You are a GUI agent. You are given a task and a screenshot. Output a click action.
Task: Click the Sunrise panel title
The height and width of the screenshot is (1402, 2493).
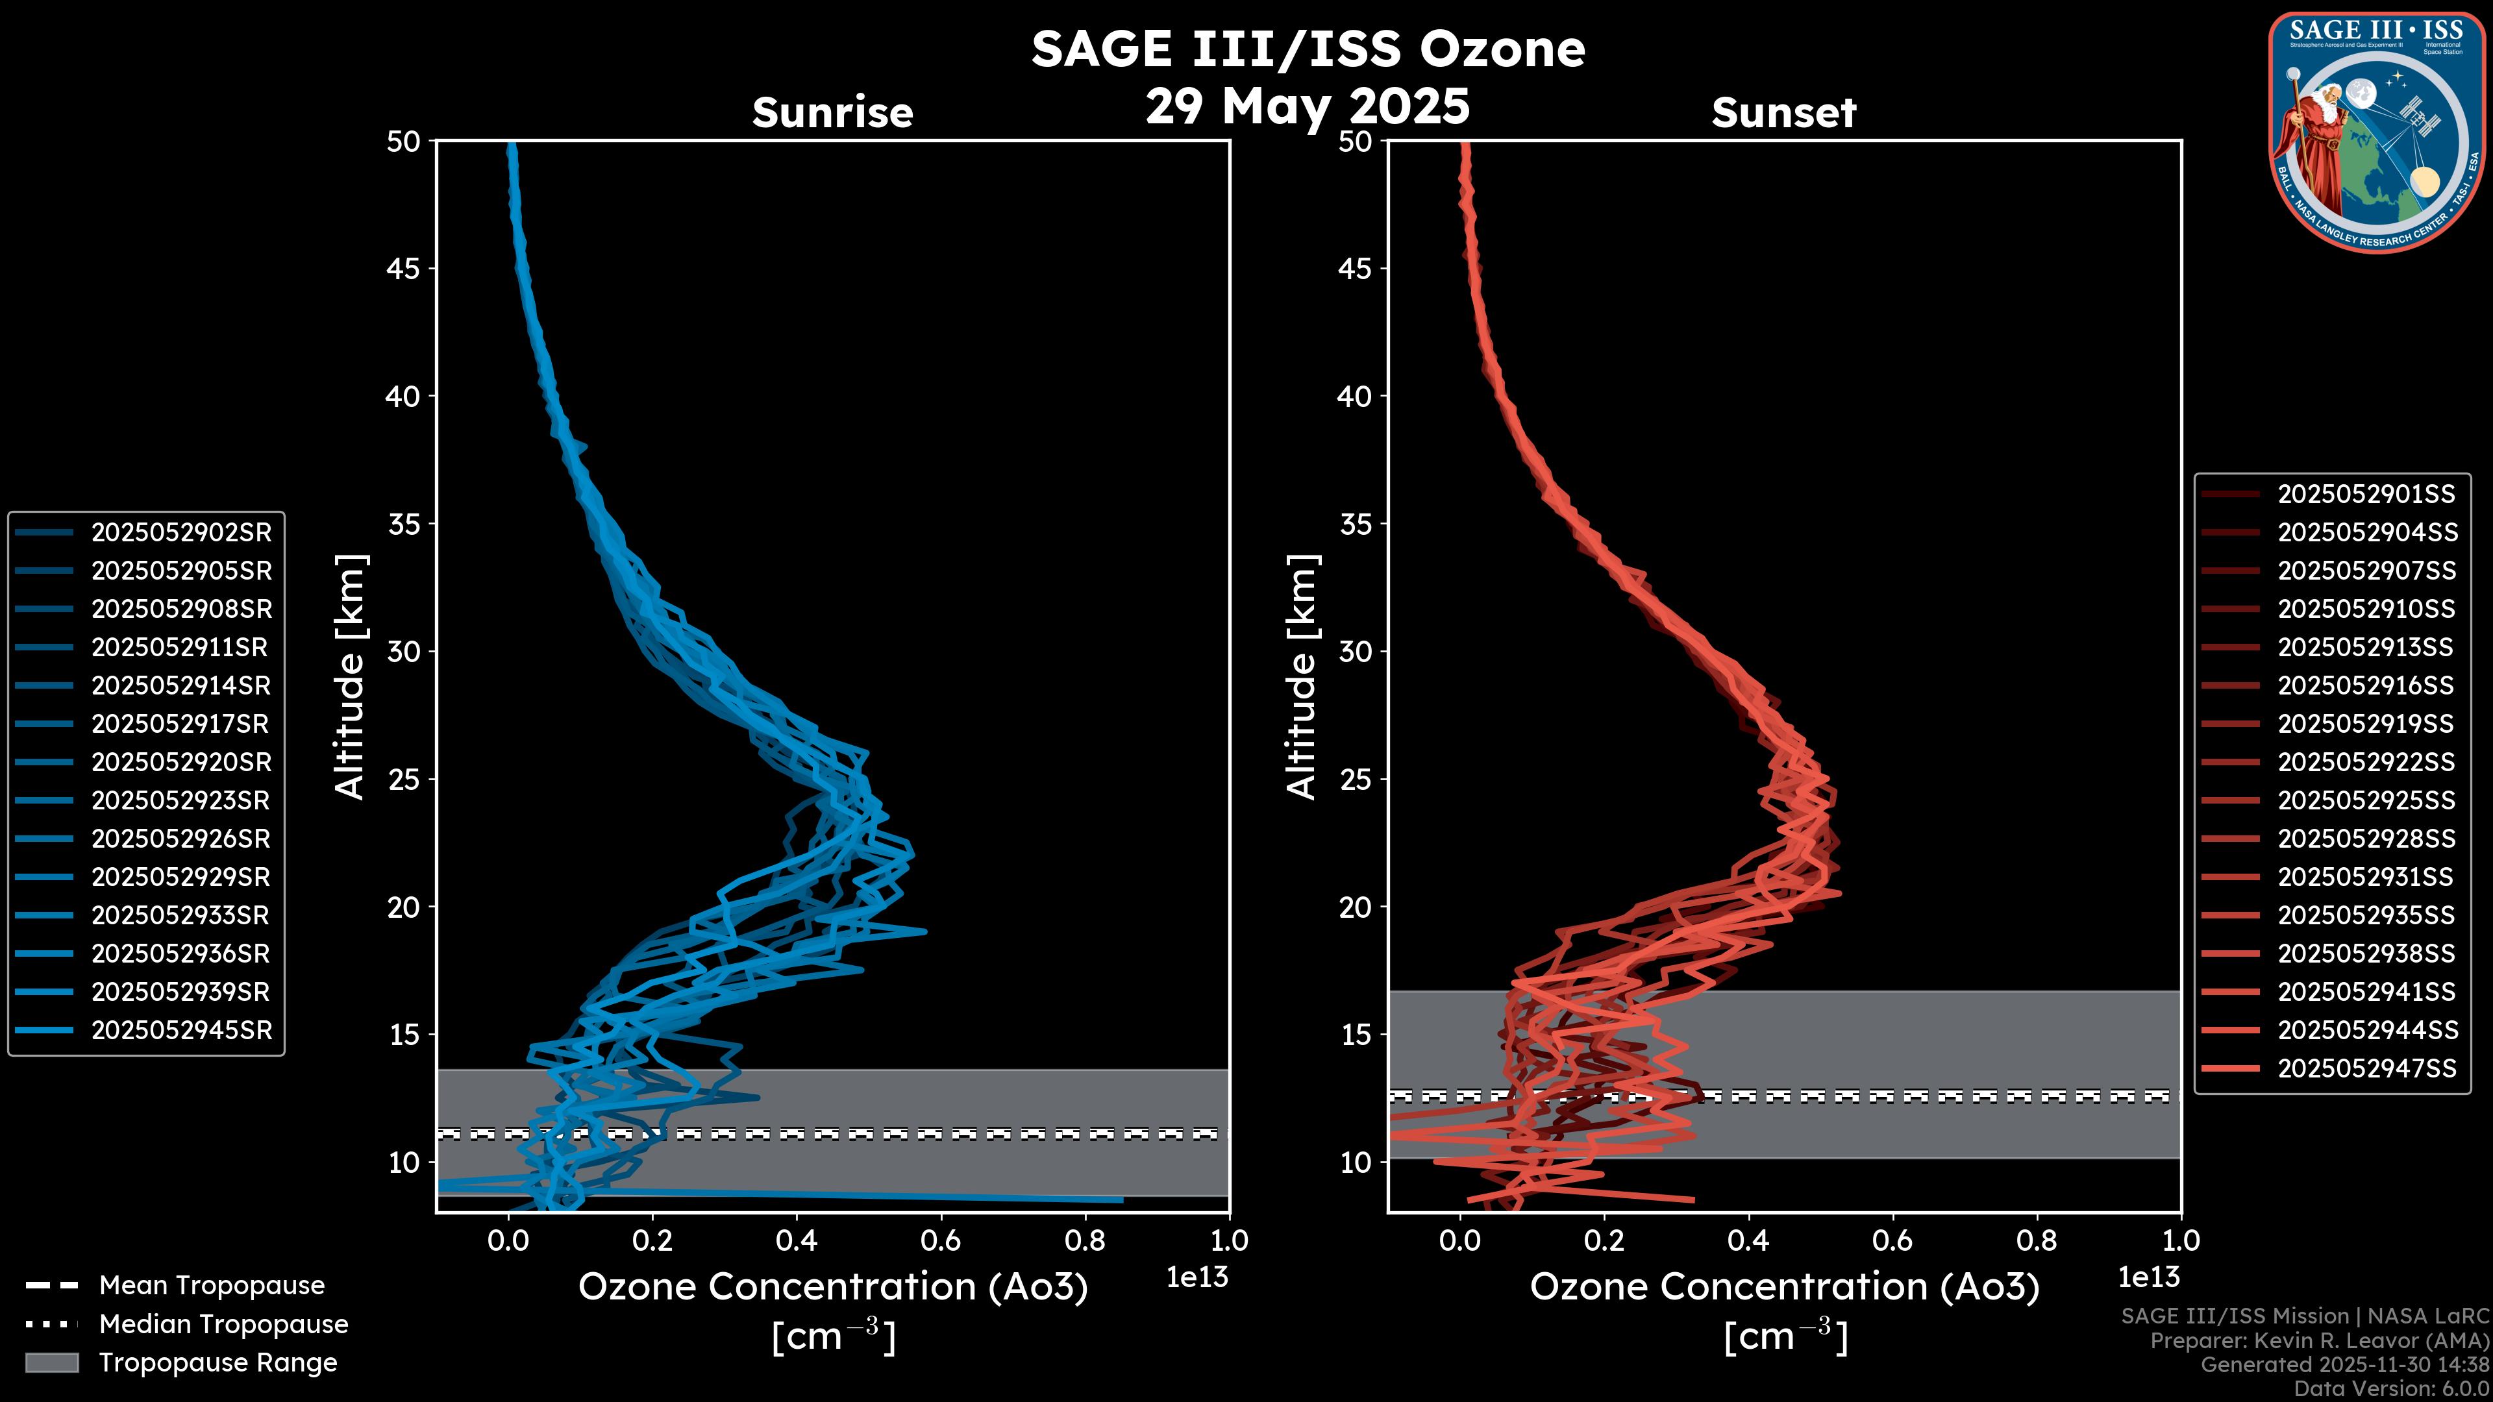pos(832,113)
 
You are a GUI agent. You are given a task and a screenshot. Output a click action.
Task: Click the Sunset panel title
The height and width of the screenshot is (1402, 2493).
pos(1783,113)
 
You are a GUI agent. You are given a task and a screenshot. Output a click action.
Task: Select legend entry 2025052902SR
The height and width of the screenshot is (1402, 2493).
pos(181,532)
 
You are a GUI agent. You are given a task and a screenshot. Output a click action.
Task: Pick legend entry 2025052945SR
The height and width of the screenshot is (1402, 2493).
pos(181,1031)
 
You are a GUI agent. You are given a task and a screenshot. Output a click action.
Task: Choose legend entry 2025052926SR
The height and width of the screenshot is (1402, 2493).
pos(181,839)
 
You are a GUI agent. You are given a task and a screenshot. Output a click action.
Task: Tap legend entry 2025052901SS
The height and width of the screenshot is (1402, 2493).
pos(2365,495)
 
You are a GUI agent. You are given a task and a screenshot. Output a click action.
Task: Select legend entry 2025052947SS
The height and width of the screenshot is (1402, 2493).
pos(2365,1068)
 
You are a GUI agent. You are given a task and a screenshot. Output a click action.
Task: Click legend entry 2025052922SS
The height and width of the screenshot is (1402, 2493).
pos(2365,763)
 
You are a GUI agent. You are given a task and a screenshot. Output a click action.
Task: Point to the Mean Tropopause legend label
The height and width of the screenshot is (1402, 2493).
pos(212,1285)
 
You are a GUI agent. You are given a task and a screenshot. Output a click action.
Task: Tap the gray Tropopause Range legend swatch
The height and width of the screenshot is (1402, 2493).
pos(51,1362)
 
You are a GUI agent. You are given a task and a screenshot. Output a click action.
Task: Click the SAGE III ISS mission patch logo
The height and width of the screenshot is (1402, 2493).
pos(2377,132)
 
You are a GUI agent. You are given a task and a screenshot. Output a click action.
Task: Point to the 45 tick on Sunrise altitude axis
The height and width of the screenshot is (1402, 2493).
pos(404,268)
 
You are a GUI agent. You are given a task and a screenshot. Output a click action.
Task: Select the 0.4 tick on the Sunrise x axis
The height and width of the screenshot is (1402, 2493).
pos(797,1240)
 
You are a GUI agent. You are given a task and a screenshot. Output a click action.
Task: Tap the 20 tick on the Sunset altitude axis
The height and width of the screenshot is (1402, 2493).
pos(1355,907)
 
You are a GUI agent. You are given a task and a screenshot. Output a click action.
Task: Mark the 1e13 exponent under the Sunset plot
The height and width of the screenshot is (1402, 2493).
pos(2148,1277)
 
